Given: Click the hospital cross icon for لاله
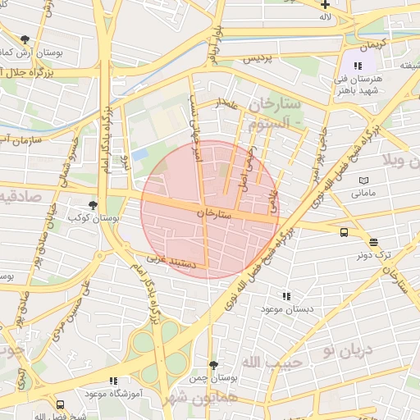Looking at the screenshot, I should point(325,4).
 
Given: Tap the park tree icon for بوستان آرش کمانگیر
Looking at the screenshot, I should point(25,39).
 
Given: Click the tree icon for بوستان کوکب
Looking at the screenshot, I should point(92,205).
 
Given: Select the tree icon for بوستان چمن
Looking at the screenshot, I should point(213,365).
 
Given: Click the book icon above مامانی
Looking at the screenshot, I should point(363,180).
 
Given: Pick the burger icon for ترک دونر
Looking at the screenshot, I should point(374,241).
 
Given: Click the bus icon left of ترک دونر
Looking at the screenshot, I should point(343,231).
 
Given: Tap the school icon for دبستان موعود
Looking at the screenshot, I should point(285,295).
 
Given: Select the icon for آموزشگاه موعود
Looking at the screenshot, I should point(113,381).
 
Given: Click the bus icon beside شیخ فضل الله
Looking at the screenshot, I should point(60,404).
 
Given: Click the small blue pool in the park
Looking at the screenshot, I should point(139,153).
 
